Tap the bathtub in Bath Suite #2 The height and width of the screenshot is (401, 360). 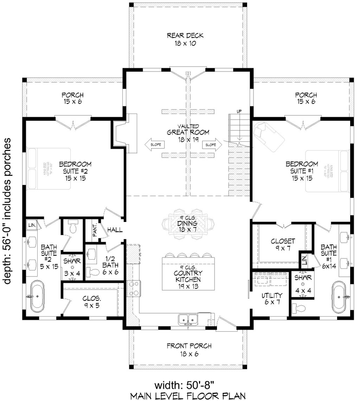pos(38,297)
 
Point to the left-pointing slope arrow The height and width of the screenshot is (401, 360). pos(152,144)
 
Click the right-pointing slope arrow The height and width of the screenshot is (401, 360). pos(212,144)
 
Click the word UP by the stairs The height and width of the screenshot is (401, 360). pos(239,112)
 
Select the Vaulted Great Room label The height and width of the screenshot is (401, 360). pos(188,132)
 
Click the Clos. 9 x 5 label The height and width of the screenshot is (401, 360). pos(92,302)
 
